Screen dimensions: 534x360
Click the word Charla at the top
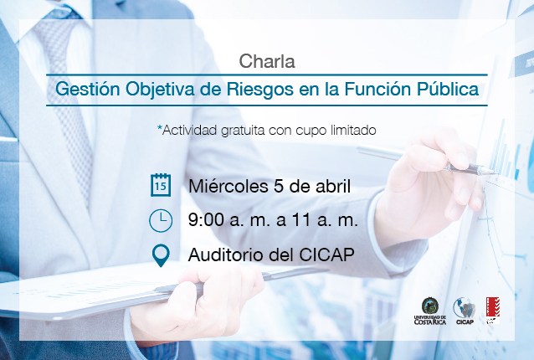coord(267,62)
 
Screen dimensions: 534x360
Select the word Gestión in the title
coord(88,90)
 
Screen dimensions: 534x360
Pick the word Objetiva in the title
coord(159,90)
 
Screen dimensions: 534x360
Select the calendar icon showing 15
coord(161,185)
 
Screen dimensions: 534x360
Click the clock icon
coord(161,221)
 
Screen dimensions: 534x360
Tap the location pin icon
coord(161,255)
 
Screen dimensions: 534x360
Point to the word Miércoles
coord(228,187)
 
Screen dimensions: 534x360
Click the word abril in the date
coord(333,187)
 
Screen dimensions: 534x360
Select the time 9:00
coord(206,220)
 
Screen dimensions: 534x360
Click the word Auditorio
coord(226,255)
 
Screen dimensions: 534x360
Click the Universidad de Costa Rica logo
coord(429,311)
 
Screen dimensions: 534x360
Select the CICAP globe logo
coord(465,311)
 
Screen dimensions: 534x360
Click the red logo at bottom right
coord(492,311)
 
